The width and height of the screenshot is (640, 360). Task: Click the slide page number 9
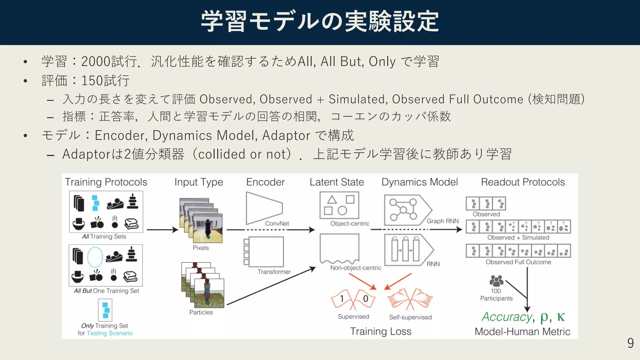point(630,343)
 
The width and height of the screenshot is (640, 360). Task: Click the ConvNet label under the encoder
point(277,223)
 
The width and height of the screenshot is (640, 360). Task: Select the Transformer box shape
point(266,252)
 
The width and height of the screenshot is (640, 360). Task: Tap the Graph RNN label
point(442,221)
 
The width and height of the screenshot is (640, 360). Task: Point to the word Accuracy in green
point(507,317)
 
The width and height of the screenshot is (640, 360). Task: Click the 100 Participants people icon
point(496,281)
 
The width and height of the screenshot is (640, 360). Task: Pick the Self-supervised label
point(410,317)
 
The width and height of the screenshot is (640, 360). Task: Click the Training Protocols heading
point(106,182)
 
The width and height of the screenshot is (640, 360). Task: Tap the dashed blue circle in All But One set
point(95,257)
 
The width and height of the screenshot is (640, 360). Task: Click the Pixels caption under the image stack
point(201,248)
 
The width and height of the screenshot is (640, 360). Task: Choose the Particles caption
point(201,312)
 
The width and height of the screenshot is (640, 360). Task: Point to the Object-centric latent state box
point(339,205)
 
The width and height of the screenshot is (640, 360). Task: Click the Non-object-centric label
point(356,268)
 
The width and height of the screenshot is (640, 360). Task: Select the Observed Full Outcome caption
point(518,262)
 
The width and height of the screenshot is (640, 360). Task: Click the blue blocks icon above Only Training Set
point(105,310)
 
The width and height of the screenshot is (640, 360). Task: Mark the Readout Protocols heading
point(523,182)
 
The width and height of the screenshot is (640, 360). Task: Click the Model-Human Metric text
point(522,331)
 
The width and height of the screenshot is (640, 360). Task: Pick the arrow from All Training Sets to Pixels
point(162,230)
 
